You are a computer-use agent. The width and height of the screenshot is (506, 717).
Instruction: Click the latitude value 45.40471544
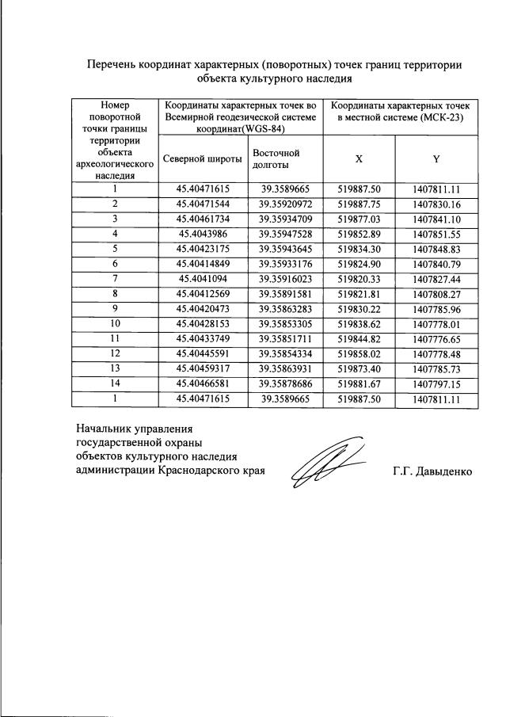click(x=203, y=204)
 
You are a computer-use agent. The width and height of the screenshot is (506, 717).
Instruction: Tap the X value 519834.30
click(x=360, y=249)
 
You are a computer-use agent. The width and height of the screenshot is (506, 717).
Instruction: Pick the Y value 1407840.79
click(x=436, y=264)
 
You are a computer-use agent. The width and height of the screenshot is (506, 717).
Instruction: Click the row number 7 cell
click(x=115, y=279)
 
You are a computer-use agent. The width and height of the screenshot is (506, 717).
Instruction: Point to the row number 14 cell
click(x=115, y=384)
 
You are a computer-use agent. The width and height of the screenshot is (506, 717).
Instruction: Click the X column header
click(x=359, y=158)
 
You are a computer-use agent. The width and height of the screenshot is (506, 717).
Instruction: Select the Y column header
click(x=436, y=158)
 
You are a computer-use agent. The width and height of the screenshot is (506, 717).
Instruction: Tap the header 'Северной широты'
click(x=202, y=158)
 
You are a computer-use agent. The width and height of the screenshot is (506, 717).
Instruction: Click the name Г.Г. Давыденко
click(x=432, y=471)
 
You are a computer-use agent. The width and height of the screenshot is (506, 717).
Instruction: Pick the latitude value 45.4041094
click(x=203, y=279)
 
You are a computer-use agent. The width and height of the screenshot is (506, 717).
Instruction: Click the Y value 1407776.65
click(x=436, y=339)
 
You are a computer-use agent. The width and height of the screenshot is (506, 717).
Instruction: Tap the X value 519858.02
click(x=360, y=354)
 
